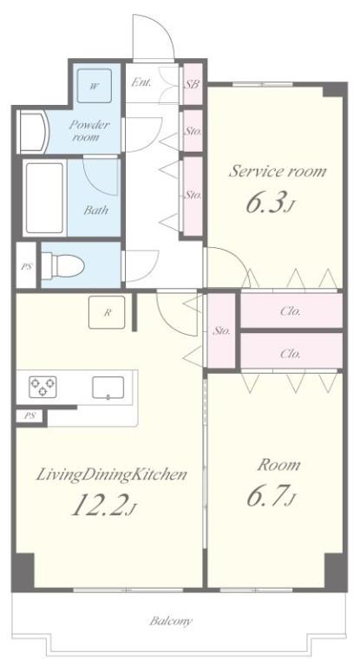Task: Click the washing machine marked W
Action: coord(94,85)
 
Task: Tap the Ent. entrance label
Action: coord(141,83)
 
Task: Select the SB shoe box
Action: coord(192,84)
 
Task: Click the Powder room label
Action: coord(90,132)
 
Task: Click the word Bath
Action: coord(96,210)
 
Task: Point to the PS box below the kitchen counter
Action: coord(30,416)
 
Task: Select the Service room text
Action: coord(278,171)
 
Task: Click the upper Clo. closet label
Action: coord(291,311)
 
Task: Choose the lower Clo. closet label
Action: coord(291,353)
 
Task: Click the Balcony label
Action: coord(171,621)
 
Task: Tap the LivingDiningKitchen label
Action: coord(112,474)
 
